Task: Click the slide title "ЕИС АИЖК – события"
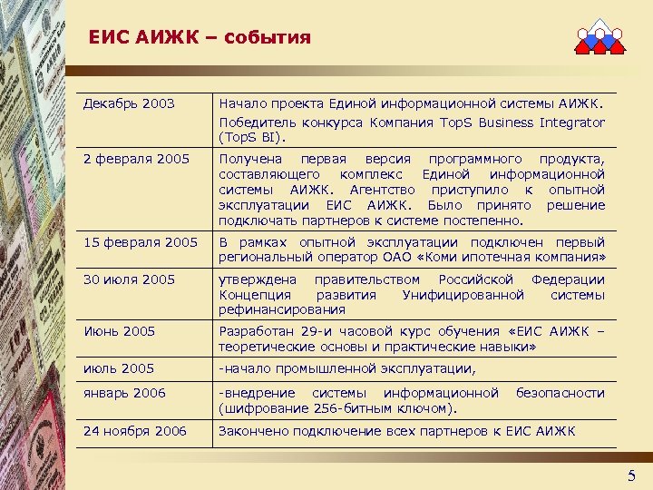click(200, 38)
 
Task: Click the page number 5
click(632, 476)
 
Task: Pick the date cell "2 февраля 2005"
click(136, 160)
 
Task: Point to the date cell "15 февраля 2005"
click(140, 242)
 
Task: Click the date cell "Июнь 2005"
click(119, 331)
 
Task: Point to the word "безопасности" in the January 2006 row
click(560, 393)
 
